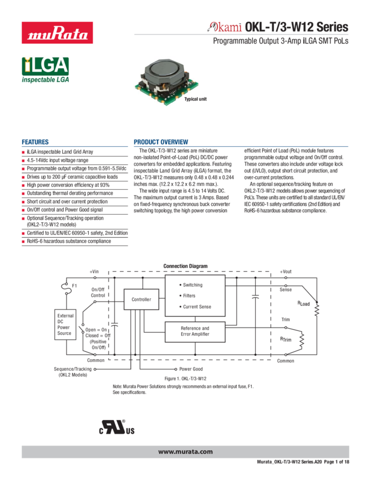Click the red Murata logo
(x=56, y=32)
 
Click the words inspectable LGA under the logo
(x=45, y=81)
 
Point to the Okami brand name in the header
(x=225, y=27)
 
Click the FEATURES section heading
(x=35, y=142)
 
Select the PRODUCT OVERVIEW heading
(x=161, y=142)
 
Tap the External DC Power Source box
(x=66, y=325)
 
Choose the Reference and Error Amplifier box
(x=195, y=331)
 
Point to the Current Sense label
(x=197, y=307)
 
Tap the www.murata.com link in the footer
(x=185, y=452)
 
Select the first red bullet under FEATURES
(x=23, y=152)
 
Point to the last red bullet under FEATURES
(x=23, y=241)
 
